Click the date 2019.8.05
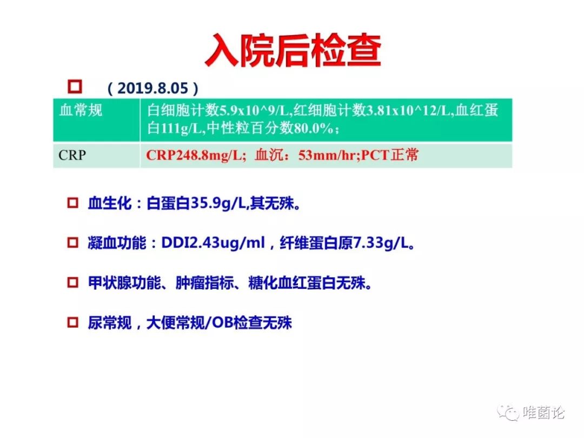152,88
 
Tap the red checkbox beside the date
75,87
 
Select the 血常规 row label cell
96,120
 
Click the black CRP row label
72,155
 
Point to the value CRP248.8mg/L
194,155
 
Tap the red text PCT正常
389,155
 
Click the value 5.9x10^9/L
254,111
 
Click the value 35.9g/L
218,204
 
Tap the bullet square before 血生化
72,203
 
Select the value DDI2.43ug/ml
213,243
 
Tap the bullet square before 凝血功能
72,242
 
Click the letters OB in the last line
223,322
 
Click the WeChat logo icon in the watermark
508,413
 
